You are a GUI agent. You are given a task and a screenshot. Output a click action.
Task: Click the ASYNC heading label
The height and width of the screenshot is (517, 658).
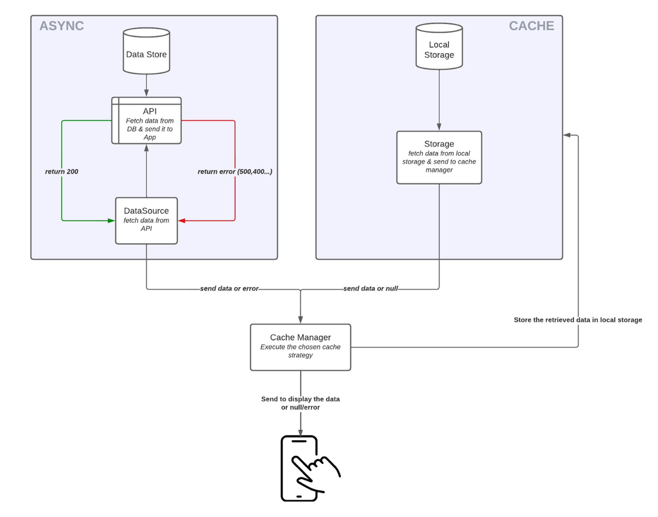[62, 26]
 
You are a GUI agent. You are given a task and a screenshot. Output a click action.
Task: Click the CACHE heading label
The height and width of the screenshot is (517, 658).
[531, 26]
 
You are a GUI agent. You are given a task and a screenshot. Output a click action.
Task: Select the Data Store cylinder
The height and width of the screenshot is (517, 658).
[146, 51]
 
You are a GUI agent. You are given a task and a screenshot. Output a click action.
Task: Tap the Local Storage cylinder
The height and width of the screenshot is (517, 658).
[439, 46]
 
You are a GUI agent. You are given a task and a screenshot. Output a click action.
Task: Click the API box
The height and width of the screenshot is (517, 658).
[146, 121]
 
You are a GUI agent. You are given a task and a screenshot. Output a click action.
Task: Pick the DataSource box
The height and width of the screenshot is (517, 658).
[146, 221]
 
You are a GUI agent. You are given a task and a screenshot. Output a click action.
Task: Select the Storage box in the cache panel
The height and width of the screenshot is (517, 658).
[439, 158]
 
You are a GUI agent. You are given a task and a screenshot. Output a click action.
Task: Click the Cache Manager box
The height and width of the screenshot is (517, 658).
[300, 347]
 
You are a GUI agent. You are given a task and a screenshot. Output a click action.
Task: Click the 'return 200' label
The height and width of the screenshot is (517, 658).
[62, 171]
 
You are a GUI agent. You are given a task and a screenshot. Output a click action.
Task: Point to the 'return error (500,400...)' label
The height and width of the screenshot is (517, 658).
[235, 171]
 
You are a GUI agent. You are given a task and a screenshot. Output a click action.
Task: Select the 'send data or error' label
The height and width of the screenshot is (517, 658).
[229, 288]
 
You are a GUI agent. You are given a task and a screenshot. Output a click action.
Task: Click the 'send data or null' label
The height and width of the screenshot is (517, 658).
[370, 288]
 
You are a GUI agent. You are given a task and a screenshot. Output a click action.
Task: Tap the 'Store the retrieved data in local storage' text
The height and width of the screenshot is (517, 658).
[578, 320]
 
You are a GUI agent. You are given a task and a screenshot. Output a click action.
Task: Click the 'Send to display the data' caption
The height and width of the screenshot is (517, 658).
[300, 399]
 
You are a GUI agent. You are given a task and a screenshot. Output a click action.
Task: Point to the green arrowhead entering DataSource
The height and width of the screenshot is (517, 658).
[112, 221]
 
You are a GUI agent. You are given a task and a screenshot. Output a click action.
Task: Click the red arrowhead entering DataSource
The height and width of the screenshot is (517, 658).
[182, 221]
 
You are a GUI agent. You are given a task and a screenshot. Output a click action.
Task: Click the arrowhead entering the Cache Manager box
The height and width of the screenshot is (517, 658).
[300, 320]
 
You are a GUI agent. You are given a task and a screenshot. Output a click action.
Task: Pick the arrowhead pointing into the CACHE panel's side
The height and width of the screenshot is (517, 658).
[567, 135]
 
